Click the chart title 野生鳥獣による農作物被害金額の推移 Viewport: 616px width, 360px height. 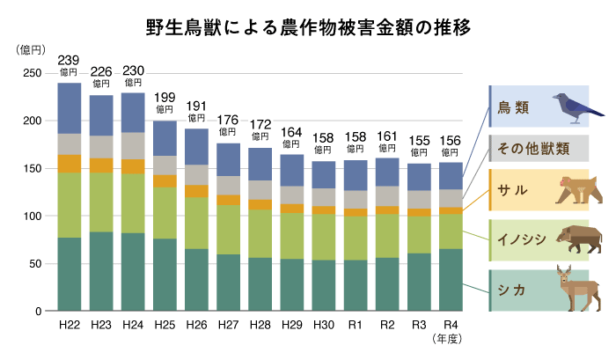[308, 26]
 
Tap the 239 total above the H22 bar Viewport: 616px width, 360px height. [70, 61]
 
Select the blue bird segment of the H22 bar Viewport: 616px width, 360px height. [70, 108]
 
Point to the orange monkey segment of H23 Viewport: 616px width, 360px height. [101, 165]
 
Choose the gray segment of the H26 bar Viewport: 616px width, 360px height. [196, 174]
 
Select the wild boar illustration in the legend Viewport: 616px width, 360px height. [578, 237]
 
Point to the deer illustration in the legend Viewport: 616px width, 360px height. [576, 285]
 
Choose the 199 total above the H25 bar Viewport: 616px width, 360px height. [165, 98]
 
